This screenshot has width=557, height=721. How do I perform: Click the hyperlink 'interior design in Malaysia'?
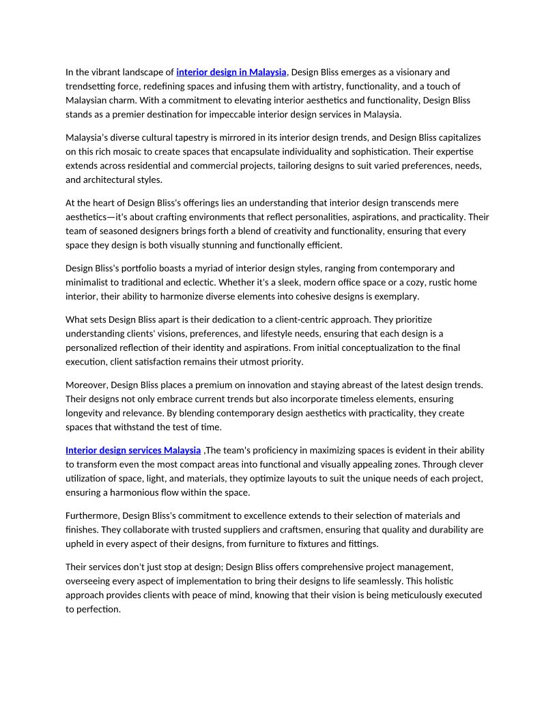(231, 72)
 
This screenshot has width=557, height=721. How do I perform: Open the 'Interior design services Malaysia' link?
(133, 450)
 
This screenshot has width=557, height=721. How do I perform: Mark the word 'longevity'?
(85, 413)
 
